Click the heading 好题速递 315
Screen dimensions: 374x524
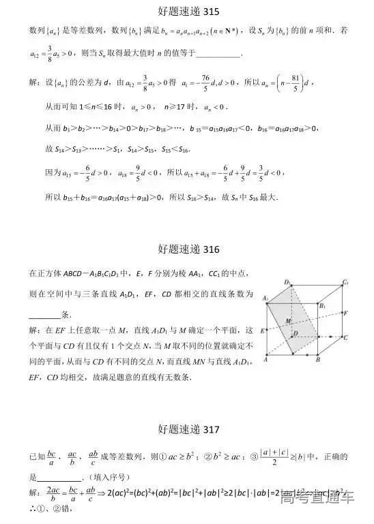(186, 12)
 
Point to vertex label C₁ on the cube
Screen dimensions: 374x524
(347, 282)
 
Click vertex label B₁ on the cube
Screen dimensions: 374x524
(323, 306)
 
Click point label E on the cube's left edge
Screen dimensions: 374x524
(263, 330)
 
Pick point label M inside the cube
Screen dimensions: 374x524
(289, 320)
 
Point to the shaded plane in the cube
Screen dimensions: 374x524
(295, 327)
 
